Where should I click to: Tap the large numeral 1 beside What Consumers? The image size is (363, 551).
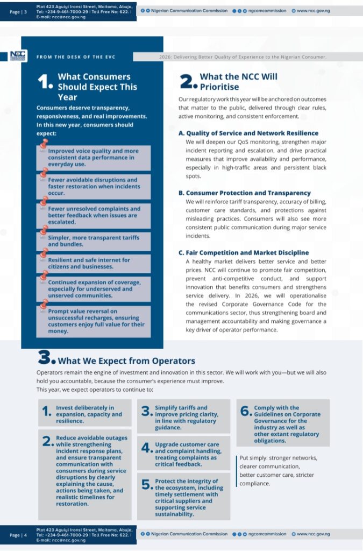pyautogui.click(x=45, y=82)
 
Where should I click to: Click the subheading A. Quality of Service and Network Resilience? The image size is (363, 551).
pyautogui.click(x=248, y=133)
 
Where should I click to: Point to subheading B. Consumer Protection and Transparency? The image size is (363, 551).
pyautogui.click(x=244, y=193)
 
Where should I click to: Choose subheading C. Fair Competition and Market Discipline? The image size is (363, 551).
pyautogui.click(x=243, y=252)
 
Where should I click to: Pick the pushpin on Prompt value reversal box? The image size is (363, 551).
pyautogui.click(x=44, y=305)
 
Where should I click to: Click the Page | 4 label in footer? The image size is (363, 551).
pyautogui.click(x=18, y=535)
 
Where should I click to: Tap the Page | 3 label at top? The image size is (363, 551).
pyautogui.click(x=18, y=11)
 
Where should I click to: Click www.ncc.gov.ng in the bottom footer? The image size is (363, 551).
pyautogui.click(x=313, y=534)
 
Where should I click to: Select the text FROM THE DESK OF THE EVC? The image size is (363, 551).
pyautogui.click(x=76, y=56)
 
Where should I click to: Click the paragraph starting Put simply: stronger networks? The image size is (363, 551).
pyautogui.click(x=277, y=470)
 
